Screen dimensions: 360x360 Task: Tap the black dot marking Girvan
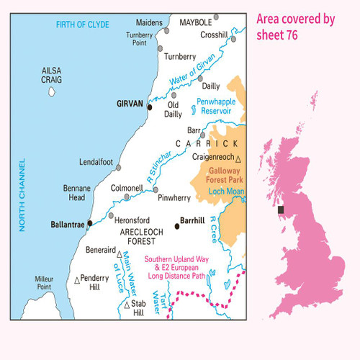pos(149,108)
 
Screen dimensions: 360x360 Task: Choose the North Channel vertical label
pos(22,195)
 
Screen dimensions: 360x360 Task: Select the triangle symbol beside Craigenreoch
pos(238,158)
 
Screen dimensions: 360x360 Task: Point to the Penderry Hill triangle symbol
pos(78,279)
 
